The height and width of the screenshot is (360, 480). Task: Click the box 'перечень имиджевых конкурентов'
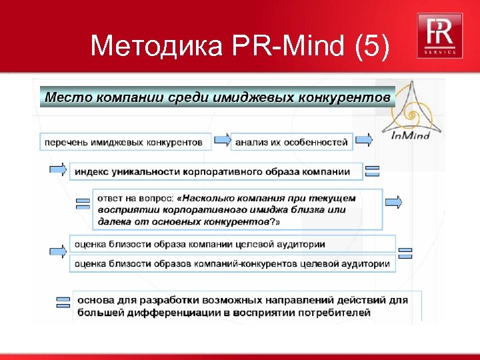coord(123,142)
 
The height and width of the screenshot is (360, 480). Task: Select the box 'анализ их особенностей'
coord(292,142)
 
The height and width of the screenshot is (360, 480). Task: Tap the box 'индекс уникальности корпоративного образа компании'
coord(215,171)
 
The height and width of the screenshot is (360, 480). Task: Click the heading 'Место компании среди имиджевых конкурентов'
coord(217,97)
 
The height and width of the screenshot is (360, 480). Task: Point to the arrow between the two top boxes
coord(222,140)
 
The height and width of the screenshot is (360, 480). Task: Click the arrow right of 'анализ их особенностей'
coord(363,140)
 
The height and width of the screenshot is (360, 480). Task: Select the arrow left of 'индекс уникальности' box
coord(59,169)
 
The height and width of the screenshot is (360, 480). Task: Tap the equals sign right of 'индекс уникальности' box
coord(373,171)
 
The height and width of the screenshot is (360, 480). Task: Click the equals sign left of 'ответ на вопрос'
coord(83,203)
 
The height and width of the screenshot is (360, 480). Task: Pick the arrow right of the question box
coord(395,201)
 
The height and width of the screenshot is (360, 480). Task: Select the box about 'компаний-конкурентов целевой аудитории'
coord(232,263)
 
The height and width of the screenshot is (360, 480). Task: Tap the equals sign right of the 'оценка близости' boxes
coord(405,253)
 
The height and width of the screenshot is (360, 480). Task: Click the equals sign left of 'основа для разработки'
coord(63,301)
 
